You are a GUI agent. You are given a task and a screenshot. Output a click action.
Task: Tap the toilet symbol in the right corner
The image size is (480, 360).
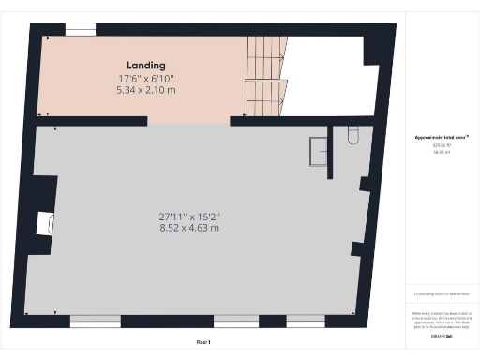pos(352,137)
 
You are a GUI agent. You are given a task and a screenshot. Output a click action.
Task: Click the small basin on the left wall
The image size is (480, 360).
pos(42,224)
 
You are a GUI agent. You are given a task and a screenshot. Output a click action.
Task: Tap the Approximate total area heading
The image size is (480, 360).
pos(440,138)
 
